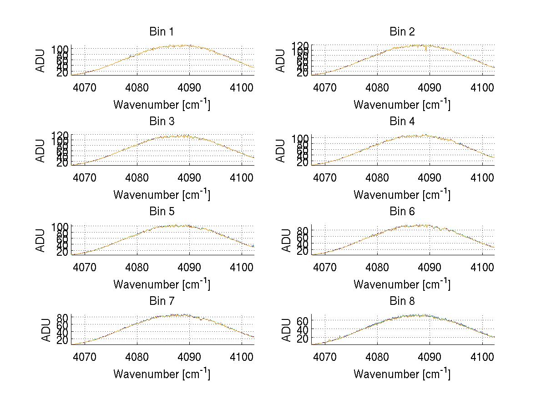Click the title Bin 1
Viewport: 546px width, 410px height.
[162, 32]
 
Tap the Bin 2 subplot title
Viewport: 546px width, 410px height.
[402, 32]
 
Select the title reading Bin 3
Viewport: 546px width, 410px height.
[162, 121]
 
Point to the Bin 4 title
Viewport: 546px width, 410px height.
[402, 121]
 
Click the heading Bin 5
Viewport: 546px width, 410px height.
[162, 212]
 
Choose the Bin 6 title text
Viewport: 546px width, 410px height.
[402, 212]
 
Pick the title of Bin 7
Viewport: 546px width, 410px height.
[162, 301]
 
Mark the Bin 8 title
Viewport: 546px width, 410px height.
[402, 301]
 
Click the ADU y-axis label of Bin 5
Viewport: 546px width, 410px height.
[41, 240]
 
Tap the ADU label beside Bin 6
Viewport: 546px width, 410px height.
[286, 240]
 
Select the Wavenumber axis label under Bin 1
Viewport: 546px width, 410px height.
[162, 105]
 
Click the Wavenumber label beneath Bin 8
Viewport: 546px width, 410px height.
[402, 374]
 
